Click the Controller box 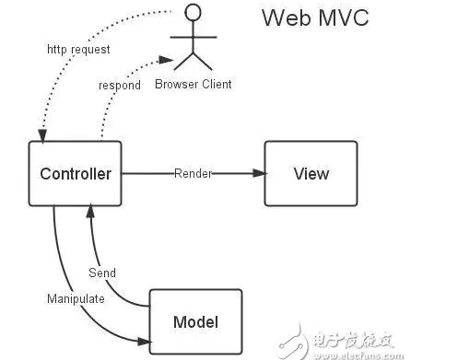tap(76, 173)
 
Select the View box tap(311, 173)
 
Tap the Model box tap(195, 321)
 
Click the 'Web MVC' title tap(315, 17)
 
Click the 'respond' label tap(120, 85)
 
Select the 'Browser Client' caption tap(193, 84)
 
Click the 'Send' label tap(101, 273)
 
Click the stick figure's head tap(193, 13)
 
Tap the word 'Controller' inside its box tap(76, 173)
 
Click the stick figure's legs tap(193, 60)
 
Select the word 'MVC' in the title tap(340, 17)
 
